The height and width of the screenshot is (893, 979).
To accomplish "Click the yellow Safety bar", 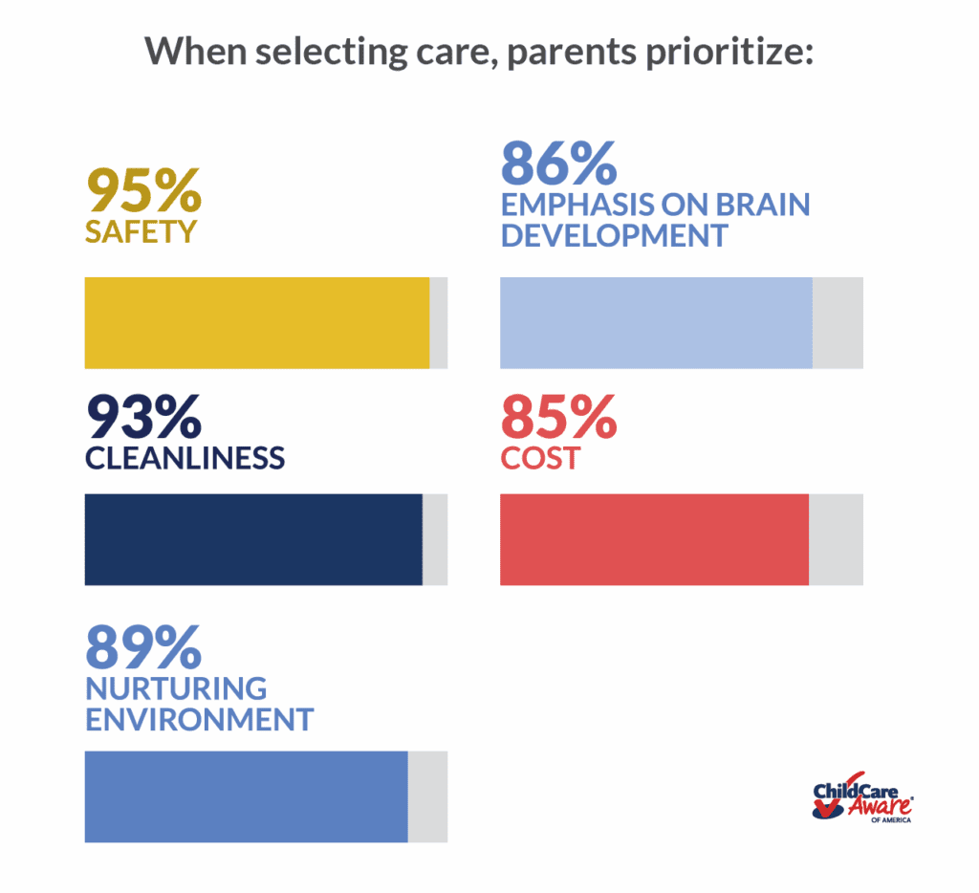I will click(x=257, y=323).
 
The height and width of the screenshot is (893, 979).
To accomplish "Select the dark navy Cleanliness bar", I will click(x=253, y=539).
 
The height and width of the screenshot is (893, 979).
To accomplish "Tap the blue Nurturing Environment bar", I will click(x=247, y=796).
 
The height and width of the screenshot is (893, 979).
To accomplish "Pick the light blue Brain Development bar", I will click(x=656, y=323).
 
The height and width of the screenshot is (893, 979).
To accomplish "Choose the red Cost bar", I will click(x=654, y=539).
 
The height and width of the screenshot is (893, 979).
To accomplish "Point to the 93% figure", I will click(x=143, y=417).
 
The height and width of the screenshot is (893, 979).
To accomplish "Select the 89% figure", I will click(x=143, y=646).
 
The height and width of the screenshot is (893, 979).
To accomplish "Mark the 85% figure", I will click(x=559, y=417).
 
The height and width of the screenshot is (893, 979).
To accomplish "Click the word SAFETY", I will click(x=141, y=231).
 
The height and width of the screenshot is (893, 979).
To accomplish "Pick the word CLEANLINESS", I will click(x=185, y=457).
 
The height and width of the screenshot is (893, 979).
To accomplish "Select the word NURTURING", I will click(x=176, y=687).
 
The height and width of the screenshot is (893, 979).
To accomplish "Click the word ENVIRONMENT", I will click(x=199, y=719).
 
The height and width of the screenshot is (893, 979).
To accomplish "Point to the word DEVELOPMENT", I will click(x=614, y=235).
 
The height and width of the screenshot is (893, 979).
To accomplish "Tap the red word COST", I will click(x=540, y=457).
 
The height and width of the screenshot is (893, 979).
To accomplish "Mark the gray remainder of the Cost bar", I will click(x=836, y=539).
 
